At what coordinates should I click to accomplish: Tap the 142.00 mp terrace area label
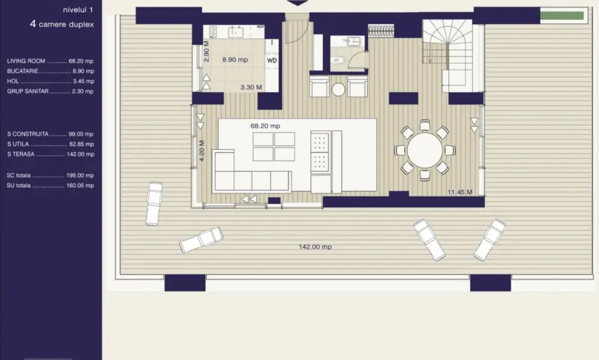(315, 247)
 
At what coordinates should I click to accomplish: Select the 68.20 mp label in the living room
(265, 126)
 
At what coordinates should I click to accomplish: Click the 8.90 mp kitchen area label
(235, 60)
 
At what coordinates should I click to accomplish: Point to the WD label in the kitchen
(272, 60)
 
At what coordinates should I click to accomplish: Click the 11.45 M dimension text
(460, 192)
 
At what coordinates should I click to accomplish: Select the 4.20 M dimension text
(202, 151)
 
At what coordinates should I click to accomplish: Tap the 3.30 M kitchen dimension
(251, 88)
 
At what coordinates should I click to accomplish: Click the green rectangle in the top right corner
(561, 16)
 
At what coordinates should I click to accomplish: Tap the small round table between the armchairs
(339, 90)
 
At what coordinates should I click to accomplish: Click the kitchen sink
(235, 32)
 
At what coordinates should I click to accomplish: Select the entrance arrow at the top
(298, 3)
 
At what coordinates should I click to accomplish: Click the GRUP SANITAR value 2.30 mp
(83, 91)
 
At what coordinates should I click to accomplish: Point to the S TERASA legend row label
(21, 154)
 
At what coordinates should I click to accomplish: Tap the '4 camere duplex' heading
(62, 24)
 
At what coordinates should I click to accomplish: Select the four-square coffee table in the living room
(273, 146)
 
